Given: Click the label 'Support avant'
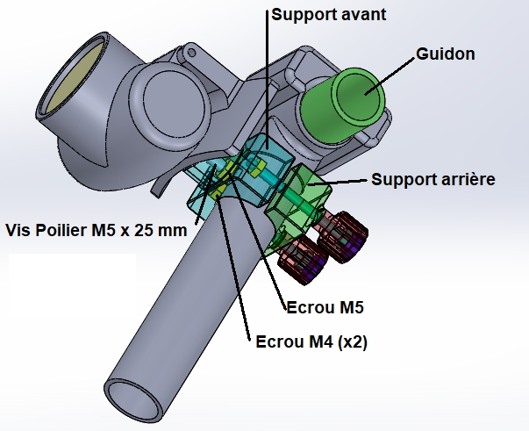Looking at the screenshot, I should [329, 15].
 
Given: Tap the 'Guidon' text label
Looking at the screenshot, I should [447, 54].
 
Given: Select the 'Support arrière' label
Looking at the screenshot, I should [433, 179].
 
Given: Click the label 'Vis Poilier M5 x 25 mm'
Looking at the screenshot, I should [96, 230].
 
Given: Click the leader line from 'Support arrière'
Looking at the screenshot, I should [347, 181].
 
